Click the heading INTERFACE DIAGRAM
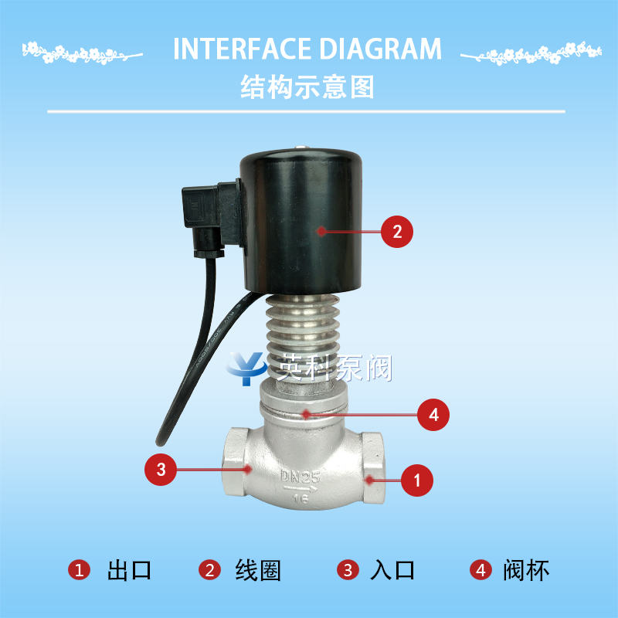(x=307, y=49)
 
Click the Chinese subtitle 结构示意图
(x=307, y=87)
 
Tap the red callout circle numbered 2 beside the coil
(x=397, y=232)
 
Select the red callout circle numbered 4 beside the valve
(x=433, y=415)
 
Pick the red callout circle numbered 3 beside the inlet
(x=161, y=470)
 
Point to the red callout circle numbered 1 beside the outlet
(x=417, y=480)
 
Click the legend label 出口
(x=129, y=570)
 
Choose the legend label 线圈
(x=258, y=570)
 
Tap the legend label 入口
(x=392, y=570)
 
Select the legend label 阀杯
(x=526, y=570)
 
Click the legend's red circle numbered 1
(x=80, y=570)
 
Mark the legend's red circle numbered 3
(x=348, y=570)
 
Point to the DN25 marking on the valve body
(x=300, y=477)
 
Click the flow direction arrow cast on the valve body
(x=301, y=490)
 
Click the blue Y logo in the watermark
(x=246, y=368)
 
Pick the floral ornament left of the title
(x=82, y=53)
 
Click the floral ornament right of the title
(x=531, y=53)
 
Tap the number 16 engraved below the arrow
(x=301, y=499)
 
